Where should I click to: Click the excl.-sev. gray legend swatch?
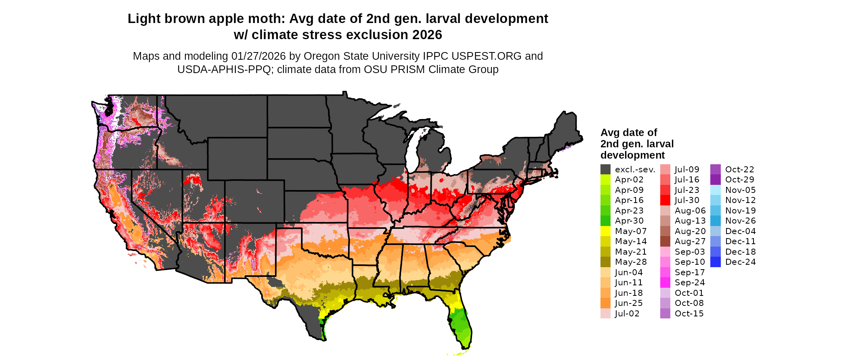[605, 170]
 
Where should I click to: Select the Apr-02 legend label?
[629, 180]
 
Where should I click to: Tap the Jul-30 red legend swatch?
[665, 200]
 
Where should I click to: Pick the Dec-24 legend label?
[740, 262]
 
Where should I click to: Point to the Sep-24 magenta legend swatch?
[665, 283]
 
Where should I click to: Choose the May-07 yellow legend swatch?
[605, 231]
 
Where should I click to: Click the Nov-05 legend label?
[740, 190]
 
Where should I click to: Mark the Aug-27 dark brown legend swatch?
[665, 241]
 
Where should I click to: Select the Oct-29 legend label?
[739, 180]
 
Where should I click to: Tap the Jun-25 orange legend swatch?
[605, 303]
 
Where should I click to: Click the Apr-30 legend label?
[629, 221]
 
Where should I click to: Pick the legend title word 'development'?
[632, 155]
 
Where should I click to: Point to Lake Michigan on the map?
[411, 153]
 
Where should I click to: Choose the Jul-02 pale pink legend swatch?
[605, 314]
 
